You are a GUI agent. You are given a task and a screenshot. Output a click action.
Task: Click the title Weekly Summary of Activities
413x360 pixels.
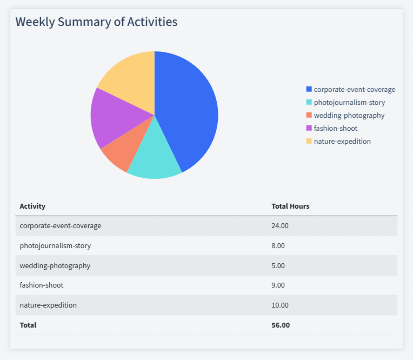point(96,22)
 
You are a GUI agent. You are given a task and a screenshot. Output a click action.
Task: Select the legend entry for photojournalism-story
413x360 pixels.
point(349,102)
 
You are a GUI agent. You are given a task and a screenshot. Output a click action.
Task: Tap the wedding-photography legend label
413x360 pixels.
point(349,115)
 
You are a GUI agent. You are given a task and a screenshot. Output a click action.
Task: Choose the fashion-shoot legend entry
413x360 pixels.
point(335,128)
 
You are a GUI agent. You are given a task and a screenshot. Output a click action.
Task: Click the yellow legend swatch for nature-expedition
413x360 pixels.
point(309,141)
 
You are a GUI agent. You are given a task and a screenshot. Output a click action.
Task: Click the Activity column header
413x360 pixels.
point(32,206)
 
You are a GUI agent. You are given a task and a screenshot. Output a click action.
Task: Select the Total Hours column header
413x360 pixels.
point(290,206)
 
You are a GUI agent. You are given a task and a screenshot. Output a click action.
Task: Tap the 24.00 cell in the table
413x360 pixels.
point(280,226)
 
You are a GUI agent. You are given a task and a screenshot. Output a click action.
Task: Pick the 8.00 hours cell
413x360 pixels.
point(278,245)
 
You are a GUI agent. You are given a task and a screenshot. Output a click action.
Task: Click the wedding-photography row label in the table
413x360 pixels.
point(55,265)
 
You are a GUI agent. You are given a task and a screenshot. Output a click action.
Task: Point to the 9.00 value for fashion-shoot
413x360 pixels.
point(278,285)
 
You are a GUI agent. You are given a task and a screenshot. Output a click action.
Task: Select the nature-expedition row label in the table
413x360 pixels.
point(48,305)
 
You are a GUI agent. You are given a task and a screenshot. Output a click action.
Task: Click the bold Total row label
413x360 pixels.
point(28,325)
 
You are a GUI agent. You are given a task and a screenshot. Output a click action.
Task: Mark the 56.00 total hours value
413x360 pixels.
point(281,325)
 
